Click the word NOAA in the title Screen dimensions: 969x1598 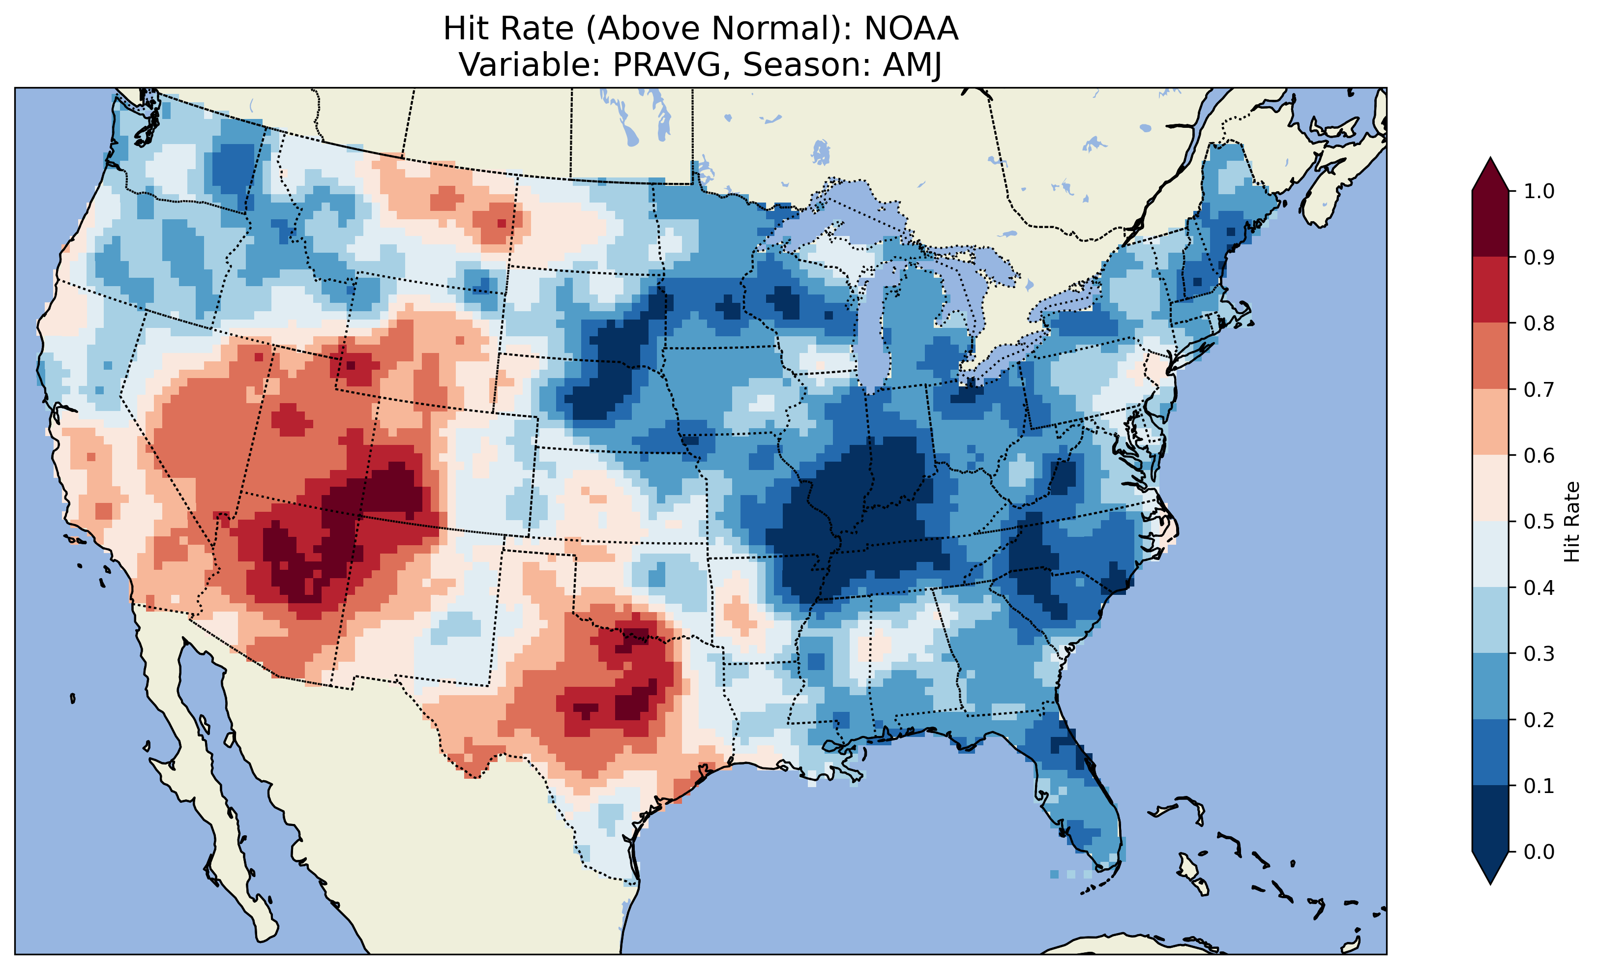[x=911, y=29]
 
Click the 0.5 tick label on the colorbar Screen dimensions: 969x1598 [x=1539, y=522]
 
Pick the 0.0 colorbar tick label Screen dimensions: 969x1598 [x=1539, y=852]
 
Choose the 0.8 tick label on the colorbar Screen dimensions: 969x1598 [x=1539, y=323]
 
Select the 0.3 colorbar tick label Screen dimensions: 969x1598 [x=1539, y=654]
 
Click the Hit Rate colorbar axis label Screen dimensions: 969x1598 [x=1571, y=522]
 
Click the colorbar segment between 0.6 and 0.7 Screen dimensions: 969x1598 [x=1490, y=422]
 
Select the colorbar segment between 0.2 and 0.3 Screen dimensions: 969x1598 [x=1490, y=687]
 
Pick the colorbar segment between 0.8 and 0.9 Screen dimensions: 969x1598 [x=1490, y=290]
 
